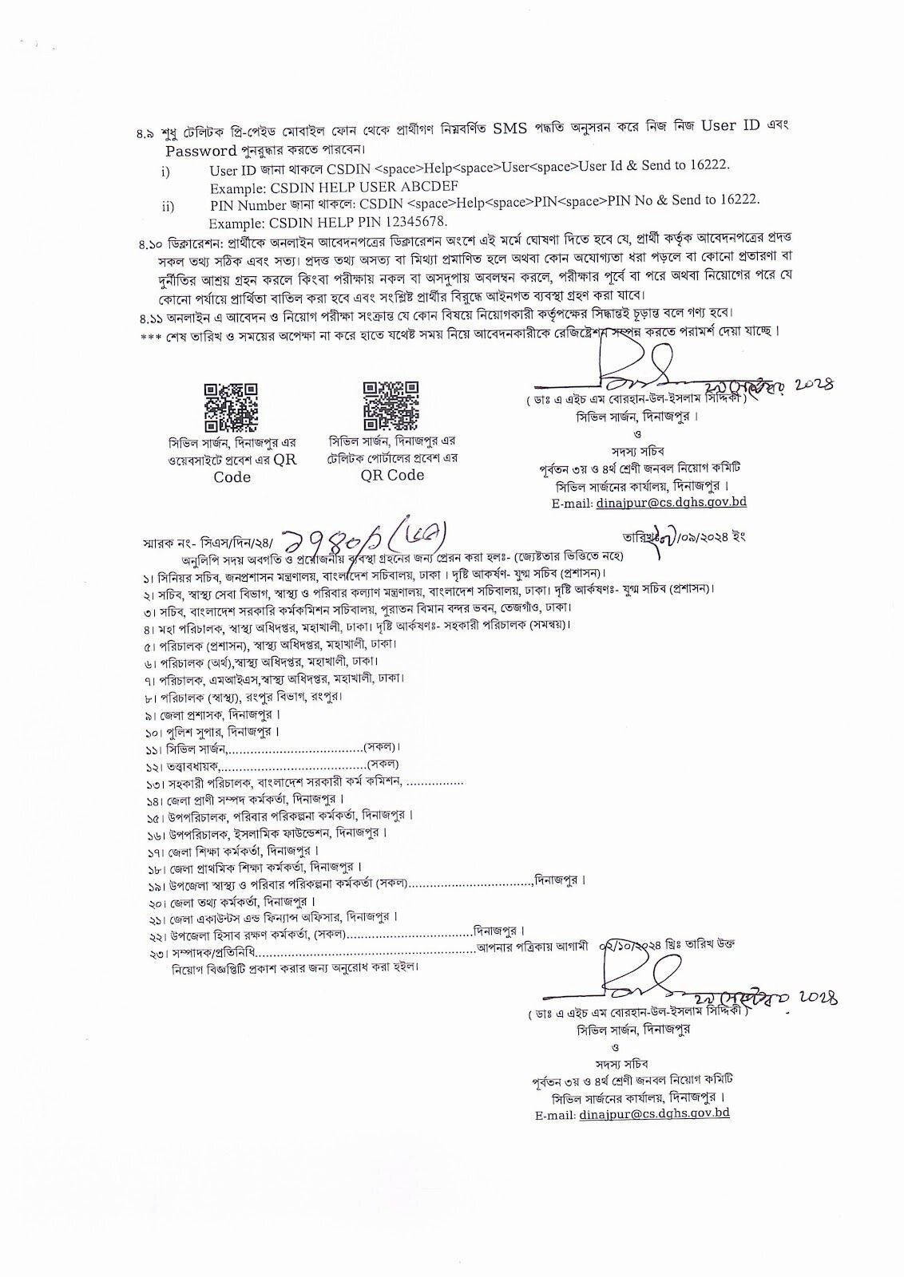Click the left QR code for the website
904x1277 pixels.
(232, 407)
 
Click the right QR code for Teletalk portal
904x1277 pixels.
(391, 405)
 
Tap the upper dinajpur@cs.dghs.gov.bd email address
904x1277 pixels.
(671, 503)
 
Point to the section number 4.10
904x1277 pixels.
(150, 240)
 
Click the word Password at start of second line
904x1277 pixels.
(200, 150)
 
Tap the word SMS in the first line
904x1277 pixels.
(509, 128)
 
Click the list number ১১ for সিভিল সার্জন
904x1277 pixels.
(153, 749)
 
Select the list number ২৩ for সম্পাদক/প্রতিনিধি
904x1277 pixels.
(154, 953)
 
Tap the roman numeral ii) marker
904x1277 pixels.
(168, 207)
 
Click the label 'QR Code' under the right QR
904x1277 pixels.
(392, 475)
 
